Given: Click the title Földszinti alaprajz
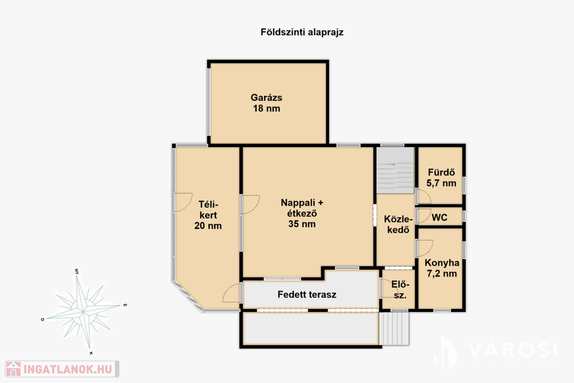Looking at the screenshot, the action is (302, 32).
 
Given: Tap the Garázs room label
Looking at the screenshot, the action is (266, 98).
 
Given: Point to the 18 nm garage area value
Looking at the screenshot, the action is (266, 108).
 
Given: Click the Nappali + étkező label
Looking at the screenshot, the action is (302, 208).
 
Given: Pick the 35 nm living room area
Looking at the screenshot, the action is (302, 224).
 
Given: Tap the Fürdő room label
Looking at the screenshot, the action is (442, 172).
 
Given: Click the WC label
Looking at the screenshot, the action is (439, 218).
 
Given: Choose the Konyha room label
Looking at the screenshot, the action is (442, 262).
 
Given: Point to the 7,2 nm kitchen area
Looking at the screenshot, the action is (442, 274).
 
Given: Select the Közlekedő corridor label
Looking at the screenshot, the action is (399, 224).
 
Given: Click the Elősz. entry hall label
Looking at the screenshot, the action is (400, 289).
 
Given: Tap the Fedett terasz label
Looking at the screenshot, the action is (307, 294).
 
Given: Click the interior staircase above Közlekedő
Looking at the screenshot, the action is (395, 170).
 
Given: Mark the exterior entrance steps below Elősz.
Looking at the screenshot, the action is (394, 329).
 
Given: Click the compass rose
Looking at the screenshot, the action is (84, 312).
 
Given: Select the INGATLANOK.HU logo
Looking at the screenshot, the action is (62, 369).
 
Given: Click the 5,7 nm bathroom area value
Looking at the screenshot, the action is (442, 183).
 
